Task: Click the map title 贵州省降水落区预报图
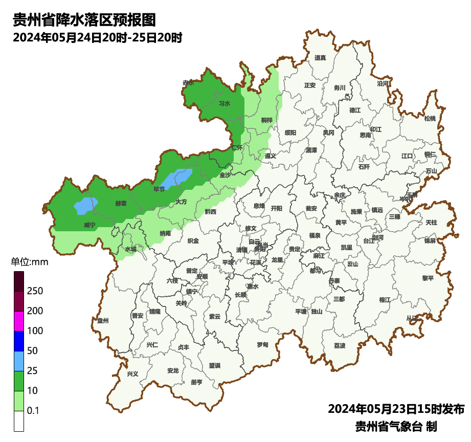tap(84, 20)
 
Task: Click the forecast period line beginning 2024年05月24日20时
tap(98, 37)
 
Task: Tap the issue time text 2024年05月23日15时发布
tap(396, 409)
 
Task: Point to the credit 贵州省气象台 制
tap(396, 426)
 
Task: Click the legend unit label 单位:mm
tap(30, 262)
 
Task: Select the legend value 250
tap(35, 291)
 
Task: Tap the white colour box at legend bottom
tap(19, 421)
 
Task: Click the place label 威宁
tap(89, 225)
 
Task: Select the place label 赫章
tap(121, 203)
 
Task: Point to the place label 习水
tap(224, 103)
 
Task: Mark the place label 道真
tap(320, 58)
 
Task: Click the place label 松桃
tap(430, 119)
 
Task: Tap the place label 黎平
tap(428, 278)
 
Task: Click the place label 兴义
tap(132, 373)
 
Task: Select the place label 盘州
tap(103, 320)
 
